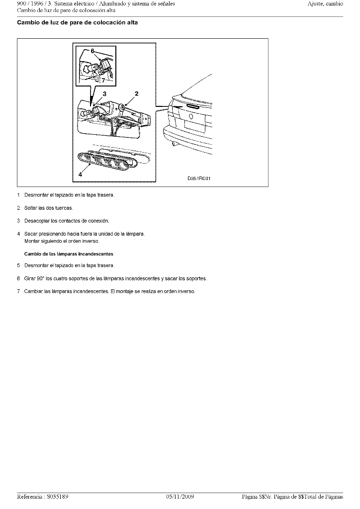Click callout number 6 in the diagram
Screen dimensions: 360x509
(x=92, y=51)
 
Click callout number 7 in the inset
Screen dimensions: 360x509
(x=103, y=80)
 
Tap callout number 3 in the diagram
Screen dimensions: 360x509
(x=104, y=94)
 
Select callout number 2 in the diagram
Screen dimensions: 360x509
(x=137, y=93)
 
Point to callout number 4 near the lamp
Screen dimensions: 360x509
(x=80, y=174)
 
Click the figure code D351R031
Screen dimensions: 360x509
(x=199, y=178)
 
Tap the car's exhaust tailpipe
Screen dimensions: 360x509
(x=174, y=143)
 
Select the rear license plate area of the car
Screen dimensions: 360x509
(x=194, y=126)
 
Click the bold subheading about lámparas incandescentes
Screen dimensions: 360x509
(x=69, y=254)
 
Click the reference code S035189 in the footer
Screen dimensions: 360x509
(x=58, y=497)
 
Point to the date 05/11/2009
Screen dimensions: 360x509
(x=180, y=497)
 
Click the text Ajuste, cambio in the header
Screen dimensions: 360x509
(x=325, y=4)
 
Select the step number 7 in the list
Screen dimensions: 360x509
(x=19, y=291)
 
